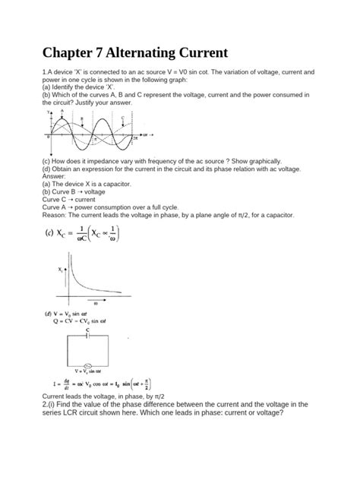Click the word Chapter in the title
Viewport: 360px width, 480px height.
(x=74, y=55)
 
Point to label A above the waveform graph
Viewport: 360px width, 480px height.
(x=62, y=111)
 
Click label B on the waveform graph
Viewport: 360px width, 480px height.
(x=82, y=119)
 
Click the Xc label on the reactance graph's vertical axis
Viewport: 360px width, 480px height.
(x=61, y=269)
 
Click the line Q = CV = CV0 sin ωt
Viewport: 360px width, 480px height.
(x=89, y=321)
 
